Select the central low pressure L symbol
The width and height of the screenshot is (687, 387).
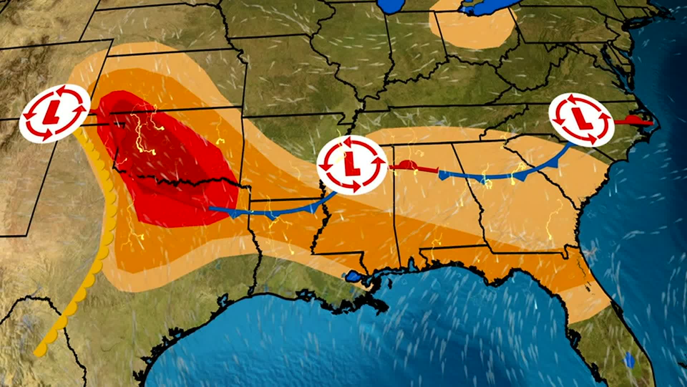352,165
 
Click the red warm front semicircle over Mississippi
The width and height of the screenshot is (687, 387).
408,165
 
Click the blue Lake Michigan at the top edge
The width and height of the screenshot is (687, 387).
394,5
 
